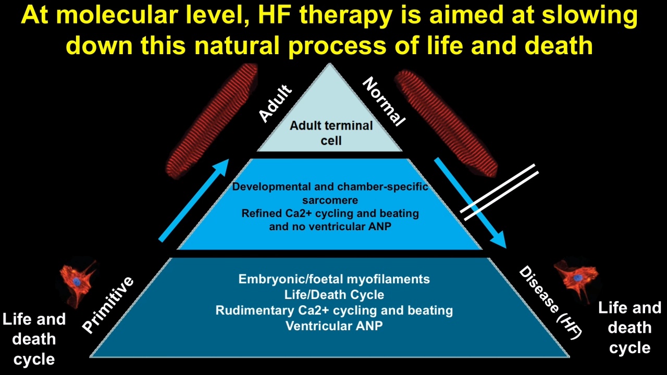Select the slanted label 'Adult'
point(275,103)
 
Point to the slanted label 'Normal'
point(384,102)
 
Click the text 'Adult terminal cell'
point(331,133)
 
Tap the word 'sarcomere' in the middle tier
point(330,201)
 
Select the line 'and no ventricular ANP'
point(330,227)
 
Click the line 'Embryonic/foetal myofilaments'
point(334,279)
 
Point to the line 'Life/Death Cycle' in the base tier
point(334,295)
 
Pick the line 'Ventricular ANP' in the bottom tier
point(334,326)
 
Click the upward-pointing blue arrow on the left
point(194,200)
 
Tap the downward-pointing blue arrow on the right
point(470,203)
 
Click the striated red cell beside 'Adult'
point(212,121)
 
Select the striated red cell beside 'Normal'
point(446,122)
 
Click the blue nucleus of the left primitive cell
point(77,282)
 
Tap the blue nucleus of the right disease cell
point(578,278)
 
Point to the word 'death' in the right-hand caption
point(629,328)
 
